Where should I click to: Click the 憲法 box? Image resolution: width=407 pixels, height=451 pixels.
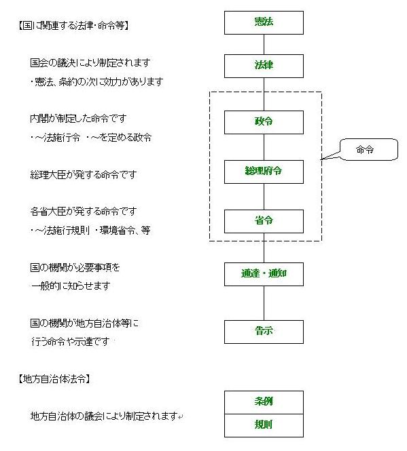click(264, 23)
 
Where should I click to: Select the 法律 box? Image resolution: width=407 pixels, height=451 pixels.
click(264, 66)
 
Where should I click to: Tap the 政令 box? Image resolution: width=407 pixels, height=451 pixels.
click(264, 122)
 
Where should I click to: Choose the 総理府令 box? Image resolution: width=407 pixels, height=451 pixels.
click(264, 172)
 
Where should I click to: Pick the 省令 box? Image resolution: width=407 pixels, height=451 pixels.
click(264, 221)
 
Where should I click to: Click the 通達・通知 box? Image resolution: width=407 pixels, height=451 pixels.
click(264, 274)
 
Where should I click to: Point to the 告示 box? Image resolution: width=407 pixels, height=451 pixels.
click(264, 332)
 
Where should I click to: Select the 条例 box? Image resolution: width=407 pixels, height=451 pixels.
click(264, 402)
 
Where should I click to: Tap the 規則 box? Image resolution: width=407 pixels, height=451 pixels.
click(264, 425)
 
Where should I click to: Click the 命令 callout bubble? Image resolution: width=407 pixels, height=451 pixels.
click(369, 150)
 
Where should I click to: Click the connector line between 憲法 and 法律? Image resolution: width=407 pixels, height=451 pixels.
click(264, 45)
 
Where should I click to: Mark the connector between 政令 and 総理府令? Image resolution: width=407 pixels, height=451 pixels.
click(264, 147)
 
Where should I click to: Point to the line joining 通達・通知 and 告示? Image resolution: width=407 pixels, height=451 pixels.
click(264, 303)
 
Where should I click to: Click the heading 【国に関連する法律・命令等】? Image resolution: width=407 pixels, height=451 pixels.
click(73, 26)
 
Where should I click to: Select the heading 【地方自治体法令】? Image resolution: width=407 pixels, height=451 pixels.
click(54, 379)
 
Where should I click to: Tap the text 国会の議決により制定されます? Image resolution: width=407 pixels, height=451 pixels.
click(90, 62)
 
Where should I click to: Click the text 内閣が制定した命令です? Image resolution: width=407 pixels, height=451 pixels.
click(78, 119)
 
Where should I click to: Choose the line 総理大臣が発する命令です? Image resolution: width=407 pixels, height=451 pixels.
click(84, 174)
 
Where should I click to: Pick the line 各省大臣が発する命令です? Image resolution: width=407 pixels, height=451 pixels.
click(84, 212)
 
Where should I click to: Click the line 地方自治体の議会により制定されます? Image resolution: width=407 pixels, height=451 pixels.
click(104, 416)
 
